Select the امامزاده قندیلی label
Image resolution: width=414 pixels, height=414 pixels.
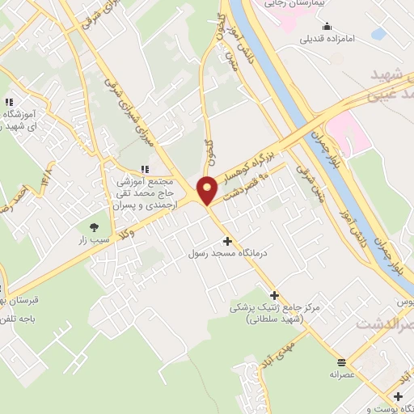(x=329, y=38)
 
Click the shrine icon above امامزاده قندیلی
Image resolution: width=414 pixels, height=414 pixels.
(x=328, y=25)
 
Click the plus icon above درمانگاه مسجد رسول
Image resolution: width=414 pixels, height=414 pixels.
(x=227, y=241)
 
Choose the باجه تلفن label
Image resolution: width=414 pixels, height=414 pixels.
(x=25, y=319)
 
